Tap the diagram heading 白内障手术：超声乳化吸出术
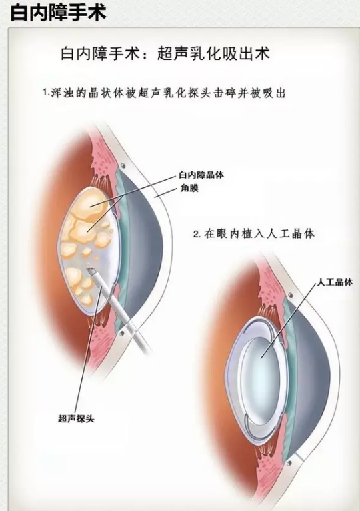click(165, 54)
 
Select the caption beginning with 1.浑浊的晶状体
click(165, 93)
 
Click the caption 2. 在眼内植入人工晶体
click(254, 234)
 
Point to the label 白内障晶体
click(201, 175)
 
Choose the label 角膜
click(189, 188)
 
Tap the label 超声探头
click(76, 418)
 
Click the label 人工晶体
click(335, 282)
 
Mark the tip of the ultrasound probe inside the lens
click(90, 269)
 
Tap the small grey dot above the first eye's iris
click(123, 166)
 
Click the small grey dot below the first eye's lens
click(121, 333)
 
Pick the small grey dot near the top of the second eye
click(290, 295)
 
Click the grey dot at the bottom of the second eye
click(289, 462)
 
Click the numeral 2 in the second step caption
click(196, 235)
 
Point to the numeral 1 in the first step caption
click(45, 92)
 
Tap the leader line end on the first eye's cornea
click(155, 197)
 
